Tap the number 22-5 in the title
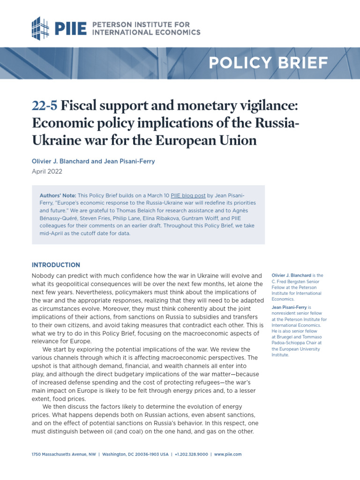point(45,106)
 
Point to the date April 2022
point(47,172)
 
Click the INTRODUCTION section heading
point(56,265)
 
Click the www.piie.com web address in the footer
point(228,455)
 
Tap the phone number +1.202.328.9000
point(191,455)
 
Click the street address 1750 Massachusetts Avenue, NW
point(63,455)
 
